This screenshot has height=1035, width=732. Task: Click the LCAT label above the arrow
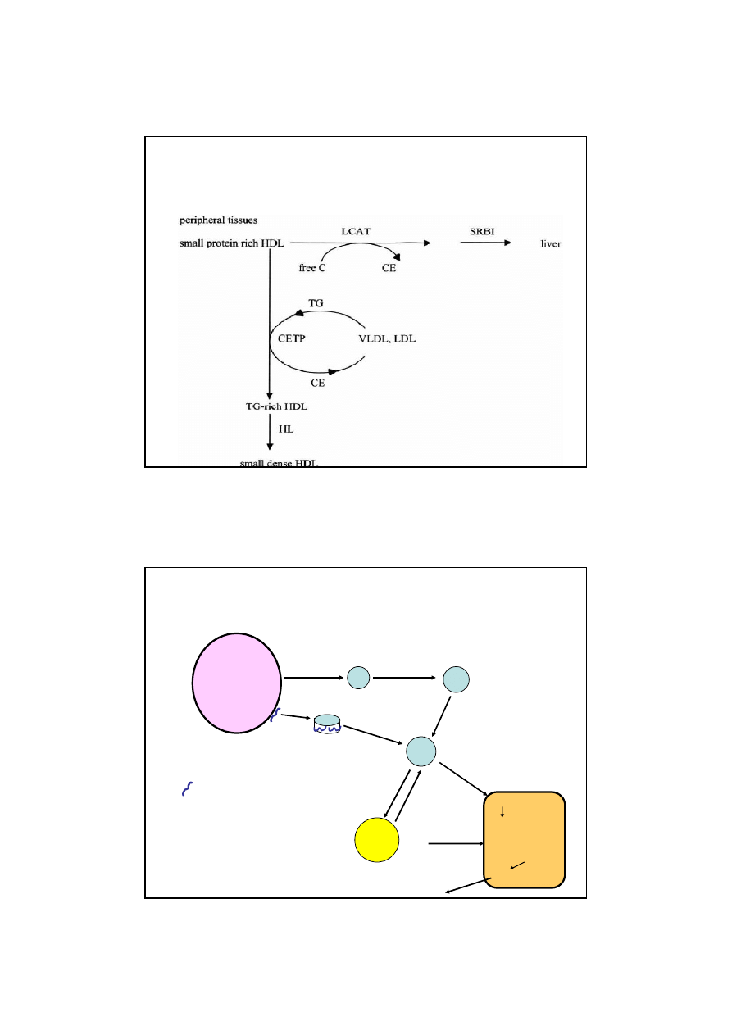point(356,231)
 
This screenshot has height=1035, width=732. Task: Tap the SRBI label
point(482,231)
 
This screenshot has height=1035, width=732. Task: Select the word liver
point(551,243)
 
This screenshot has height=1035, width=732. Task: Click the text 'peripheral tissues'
point(219,220)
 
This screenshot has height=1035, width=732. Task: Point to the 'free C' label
point(312,268)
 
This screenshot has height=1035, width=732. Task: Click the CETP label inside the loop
point(292,338)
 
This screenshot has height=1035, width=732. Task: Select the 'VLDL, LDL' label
point(387,338)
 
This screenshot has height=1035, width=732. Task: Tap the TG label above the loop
point(316,303)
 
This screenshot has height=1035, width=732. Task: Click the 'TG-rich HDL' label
point(276,406)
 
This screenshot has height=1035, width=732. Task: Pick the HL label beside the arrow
point(286,429)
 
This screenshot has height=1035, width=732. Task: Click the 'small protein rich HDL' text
point(231,243)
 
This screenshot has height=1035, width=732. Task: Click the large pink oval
point(237,683)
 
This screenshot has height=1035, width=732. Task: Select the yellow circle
point(376,839)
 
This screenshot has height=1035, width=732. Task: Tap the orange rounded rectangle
point(524,839)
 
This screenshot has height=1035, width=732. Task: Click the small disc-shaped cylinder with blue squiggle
point(327,724)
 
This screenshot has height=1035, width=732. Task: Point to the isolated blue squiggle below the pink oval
point(187,788)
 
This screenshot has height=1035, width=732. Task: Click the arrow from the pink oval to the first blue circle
point(314,678)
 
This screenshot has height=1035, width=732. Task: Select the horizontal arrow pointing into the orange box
point(456,844)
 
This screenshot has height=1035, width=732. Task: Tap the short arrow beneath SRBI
point(486,243)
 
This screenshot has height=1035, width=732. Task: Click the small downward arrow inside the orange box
point(502,812)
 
